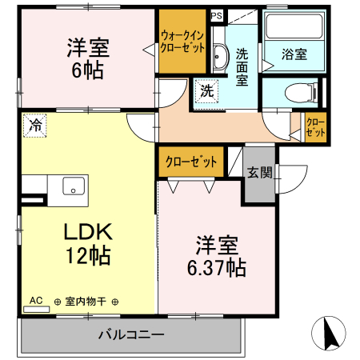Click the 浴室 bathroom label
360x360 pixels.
pos(294,54)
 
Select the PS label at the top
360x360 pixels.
pos(217,14)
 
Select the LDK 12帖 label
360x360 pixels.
pos(88,244)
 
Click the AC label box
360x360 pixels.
pos(36,301)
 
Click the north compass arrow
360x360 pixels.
pos(328,332)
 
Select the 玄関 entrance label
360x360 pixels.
pos(258,172)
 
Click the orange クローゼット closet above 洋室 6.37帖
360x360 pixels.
pos(192,161)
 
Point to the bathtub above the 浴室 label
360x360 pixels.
pos(294,28)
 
